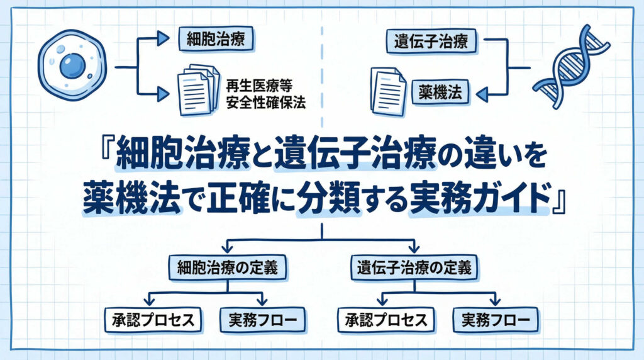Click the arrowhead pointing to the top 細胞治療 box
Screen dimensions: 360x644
tap(163, 40)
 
